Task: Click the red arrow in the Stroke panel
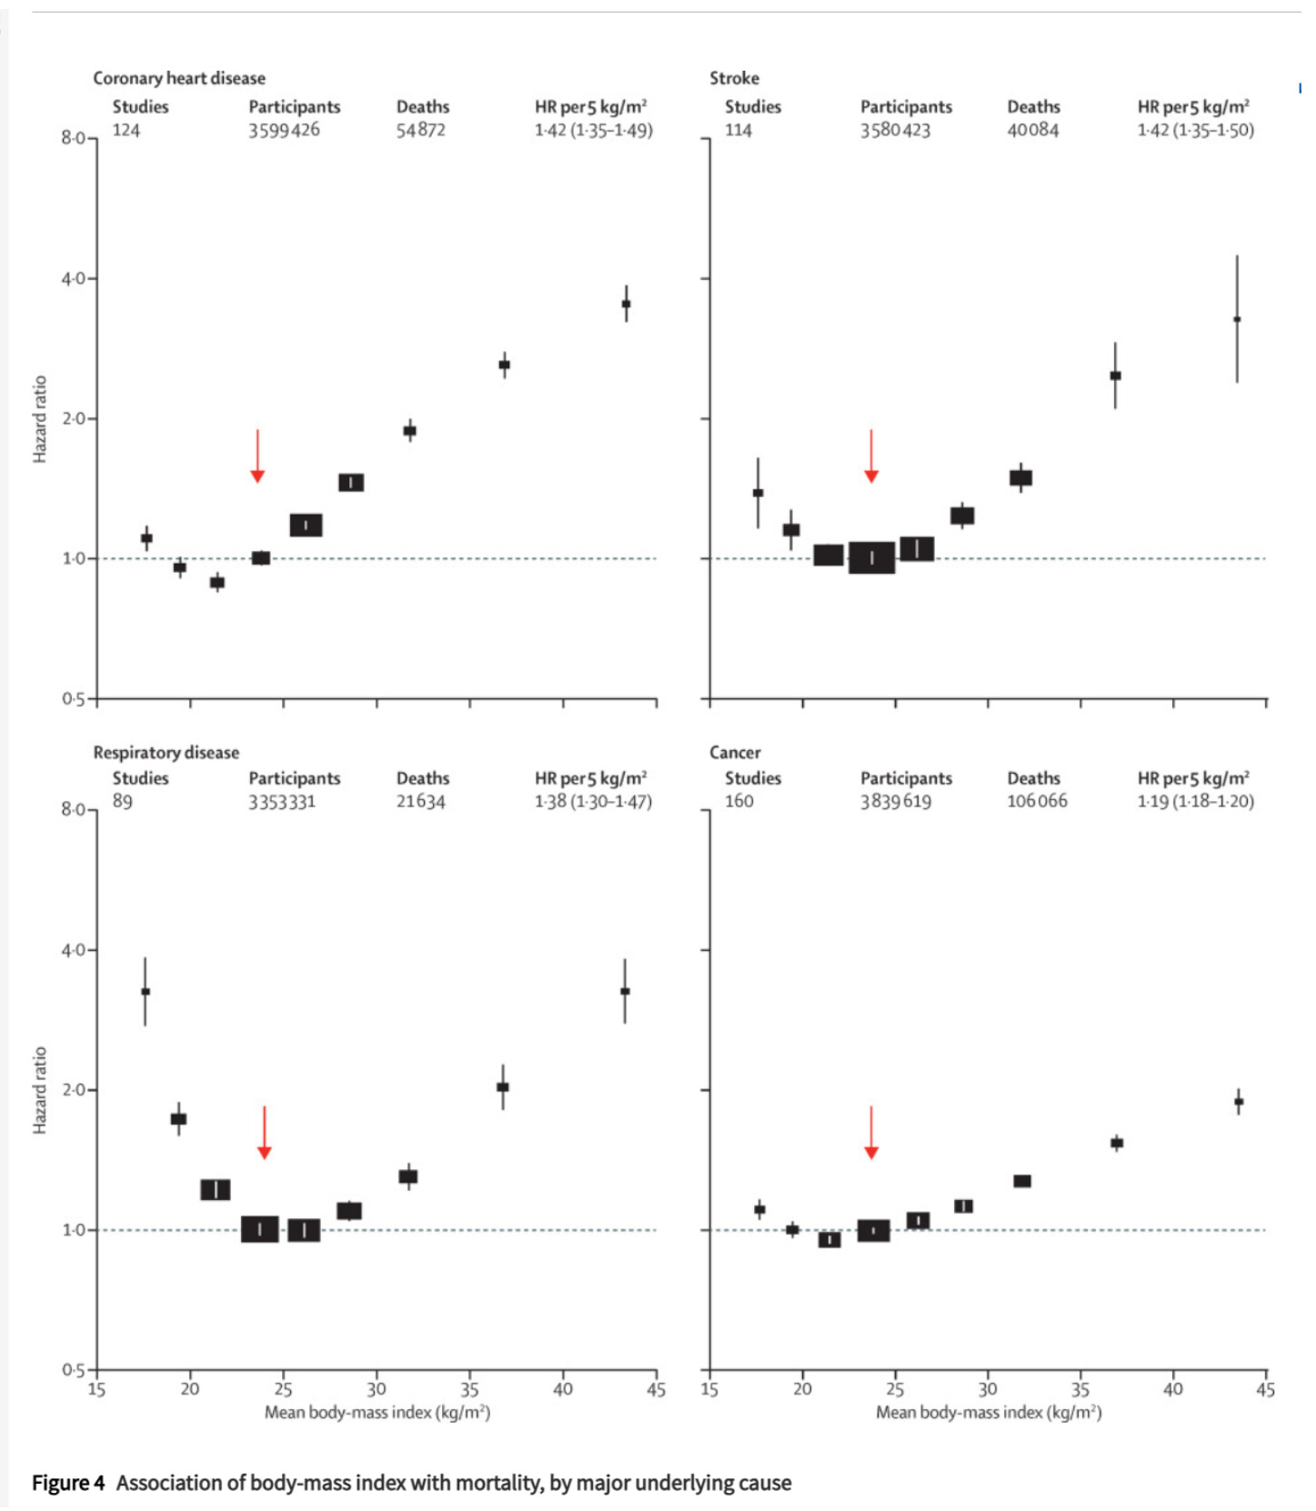coord(871,455)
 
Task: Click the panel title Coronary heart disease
coord(179,78)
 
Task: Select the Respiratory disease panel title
coord(166,753)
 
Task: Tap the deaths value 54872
coord(420,130)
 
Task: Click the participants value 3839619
coord(896,801)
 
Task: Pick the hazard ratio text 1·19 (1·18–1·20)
coord(1195,801)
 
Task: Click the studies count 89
coord(123,801)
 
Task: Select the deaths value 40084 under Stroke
coord(1032,130)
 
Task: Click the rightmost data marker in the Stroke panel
coord(1237,319)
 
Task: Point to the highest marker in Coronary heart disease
coord(626,304)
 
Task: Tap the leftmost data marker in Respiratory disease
coord(146,991)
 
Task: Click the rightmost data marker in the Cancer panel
coord(1239,1101)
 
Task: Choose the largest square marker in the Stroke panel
coord(871,557)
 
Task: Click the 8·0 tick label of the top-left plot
coord(74,138)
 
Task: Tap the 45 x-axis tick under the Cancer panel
coord(1265,1389)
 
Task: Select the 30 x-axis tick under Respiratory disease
coord(377,1389)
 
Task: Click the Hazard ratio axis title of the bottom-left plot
coord(40,1090)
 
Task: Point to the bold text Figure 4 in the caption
coord(68,1483)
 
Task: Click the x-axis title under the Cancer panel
coord(989,1412)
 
